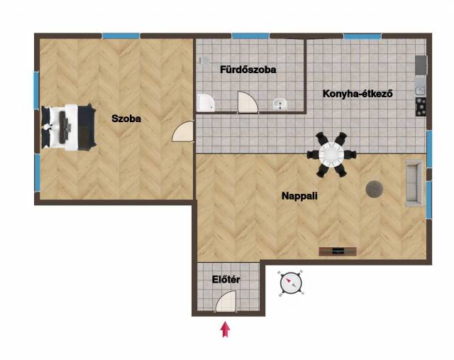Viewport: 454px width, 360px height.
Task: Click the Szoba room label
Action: (126, 119)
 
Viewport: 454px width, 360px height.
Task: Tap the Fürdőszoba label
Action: (248, 70)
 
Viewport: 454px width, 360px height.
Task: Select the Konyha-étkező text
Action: (358, 94)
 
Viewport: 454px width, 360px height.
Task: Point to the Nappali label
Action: (299, 196)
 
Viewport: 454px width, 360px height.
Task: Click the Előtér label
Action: (226, 280)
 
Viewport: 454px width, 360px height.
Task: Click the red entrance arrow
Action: (226, 329)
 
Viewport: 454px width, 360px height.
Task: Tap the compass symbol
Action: (291, 283)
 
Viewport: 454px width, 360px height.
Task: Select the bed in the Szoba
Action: (69, 127)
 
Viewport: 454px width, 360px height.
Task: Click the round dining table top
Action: (331, 154)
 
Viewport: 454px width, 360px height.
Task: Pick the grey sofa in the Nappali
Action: (414, 183)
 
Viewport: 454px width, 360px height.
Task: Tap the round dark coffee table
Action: (375, 190)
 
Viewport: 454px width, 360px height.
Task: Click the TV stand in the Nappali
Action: (338, 251)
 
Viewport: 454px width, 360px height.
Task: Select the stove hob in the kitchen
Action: (421, 107)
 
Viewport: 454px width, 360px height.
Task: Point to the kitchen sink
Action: (420, 91)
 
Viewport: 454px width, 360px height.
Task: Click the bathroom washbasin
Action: (280, 104)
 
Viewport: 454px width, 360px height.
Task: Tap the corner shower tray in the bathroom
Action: (206, 103)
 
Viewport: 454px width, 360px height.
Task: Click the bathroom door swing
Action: (248, 102)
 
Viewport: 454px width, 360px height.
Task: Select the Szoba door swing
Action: (183, 131)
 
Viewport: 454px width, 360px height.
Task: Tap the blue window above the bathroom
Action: (250, 36)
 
